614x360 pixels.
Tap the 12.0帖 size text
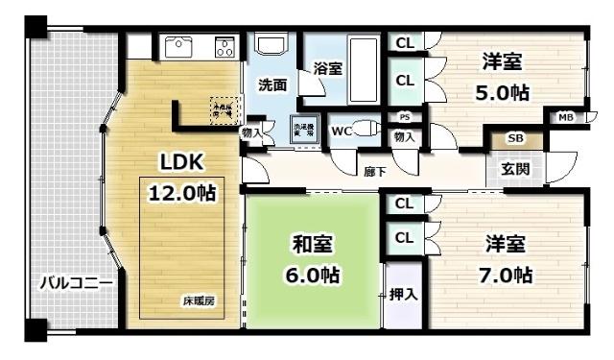181,192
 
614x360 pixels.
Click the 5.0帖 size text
501,94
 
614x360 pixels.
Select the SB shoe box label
514,138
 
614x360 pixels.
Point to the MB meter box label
566,117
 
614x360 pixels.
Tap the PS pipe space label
404,118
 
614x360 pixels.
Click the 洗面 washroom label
272,84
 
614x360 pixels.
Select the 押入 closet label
404,294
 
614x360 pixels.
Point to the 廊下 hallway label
374,173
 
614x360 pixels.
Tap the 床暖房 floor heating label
199,301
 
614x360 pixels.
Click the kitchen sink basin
180,46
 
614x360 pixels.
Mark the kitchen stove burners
224,45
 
